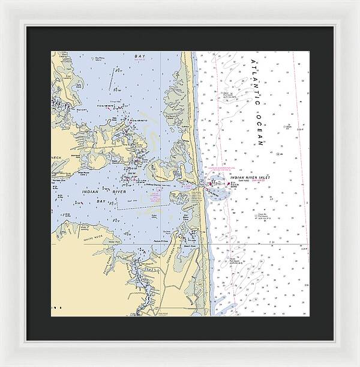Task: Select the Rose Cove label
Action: [x=112, y=119]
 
